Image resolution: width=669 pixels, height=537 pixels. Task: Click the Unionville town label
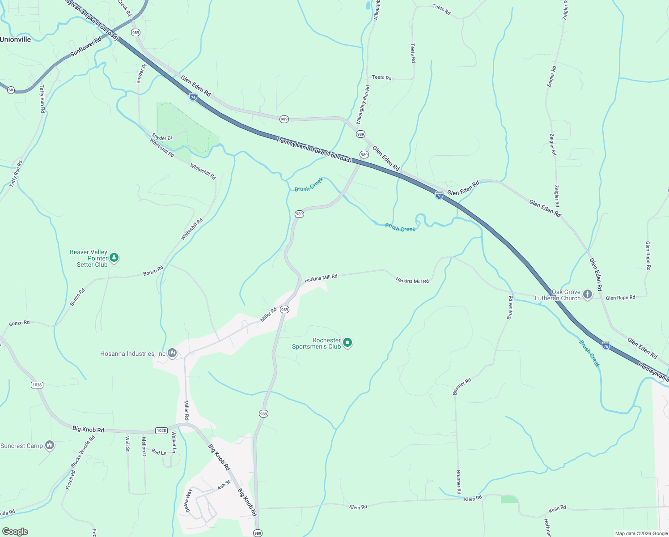point(16,39)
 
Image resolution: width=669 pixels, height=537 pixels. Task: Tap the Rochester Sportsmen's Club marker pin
point(347,343)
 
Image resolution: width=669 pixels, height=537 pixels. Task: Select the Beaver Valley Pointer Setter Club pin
point(114,258)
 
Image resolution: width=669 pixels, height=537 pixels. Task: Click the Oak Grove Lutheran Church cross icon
point(588,294)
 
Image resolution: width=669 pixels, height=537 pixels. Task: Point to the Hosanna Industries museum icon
point(172,354)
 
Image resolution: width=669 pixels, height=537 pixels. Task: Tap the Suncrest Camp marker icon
point(50,445)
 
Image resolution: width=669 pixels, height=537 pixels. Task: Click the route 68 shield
point(11,90)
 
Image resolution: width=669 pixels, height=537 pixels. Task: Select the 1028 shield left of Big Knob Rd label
point(37,385)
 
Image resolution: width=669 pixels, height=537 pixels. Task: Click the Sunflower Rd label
point(86,47)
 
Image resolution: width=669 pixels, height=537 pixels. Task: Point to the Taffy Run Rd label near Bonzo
point(16,174)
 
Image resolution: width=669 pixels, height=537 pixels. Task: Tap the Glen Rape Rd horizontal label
point(620,298)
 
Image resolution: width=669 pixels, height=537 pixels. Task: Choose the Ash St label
point(224,485)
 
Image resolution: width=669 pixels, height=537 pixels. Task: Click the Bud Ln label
point(159,452)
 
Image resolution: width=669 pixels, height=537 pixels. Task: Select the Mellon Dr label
point(144,447)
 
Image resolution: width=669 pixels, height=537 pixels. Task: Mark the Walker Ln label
point(174,442)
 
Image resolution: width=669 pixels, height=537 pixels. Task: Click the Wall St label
point(127,444)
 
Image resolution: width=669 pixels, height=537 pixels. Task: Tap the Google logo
point(15,532)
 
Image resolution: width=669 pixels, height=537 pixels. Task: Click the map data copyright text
point(641,533)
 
